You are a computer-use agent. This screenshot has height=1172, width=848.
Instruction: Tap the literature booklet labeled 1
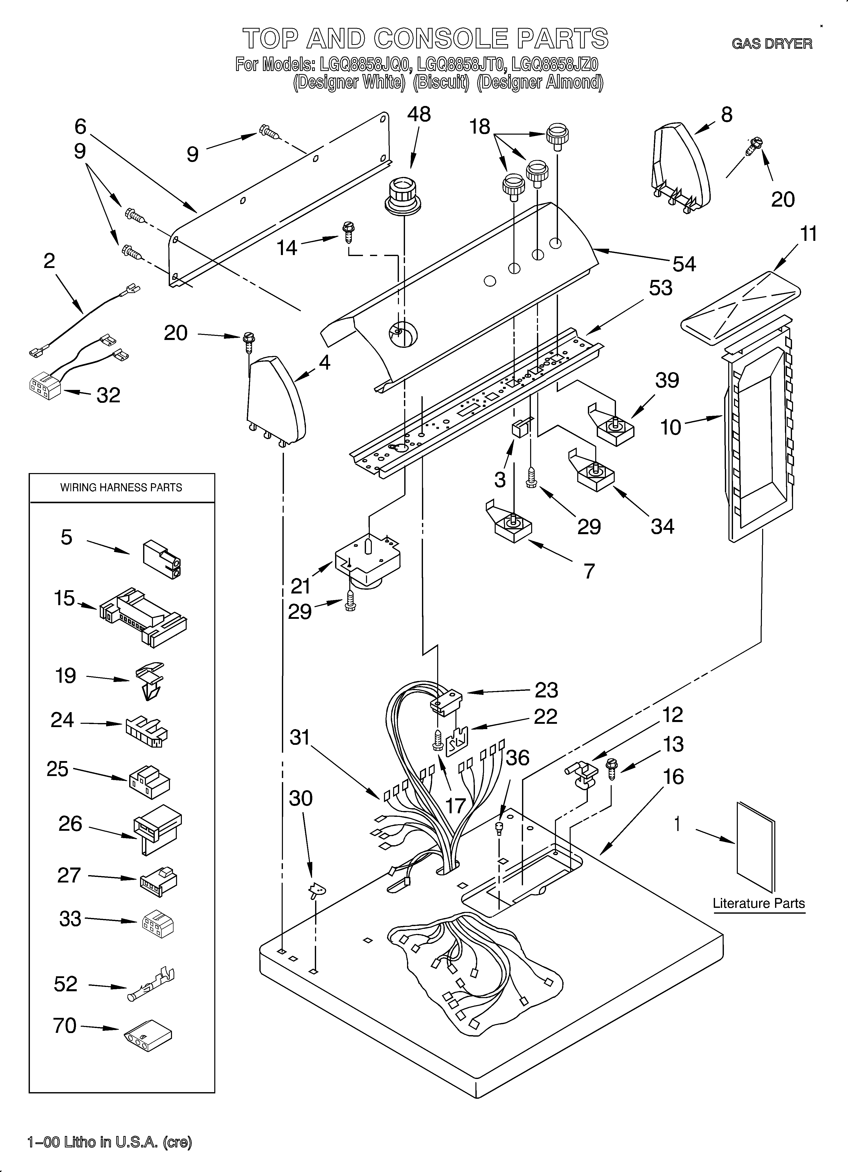coord(755,848)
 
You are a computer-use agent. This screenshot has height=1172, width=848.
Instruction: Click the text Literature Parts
coord(759,903)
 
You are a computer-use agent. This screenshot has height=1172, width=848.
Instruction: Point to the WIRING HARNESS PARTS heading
coord(121,487)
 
